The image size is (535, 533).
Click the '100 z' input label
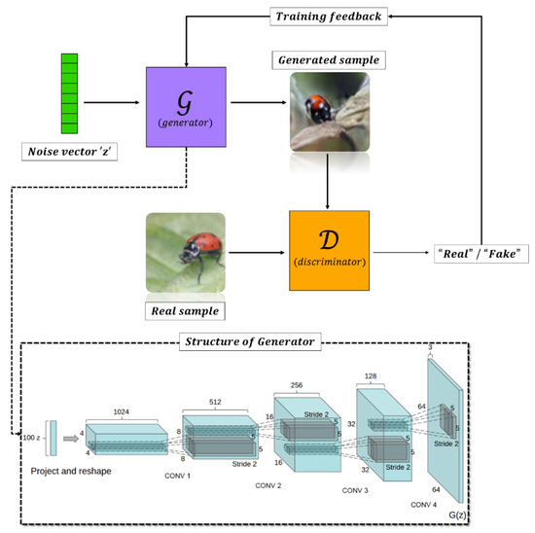31,438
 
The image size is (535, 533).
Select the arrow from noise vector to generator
114,100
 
